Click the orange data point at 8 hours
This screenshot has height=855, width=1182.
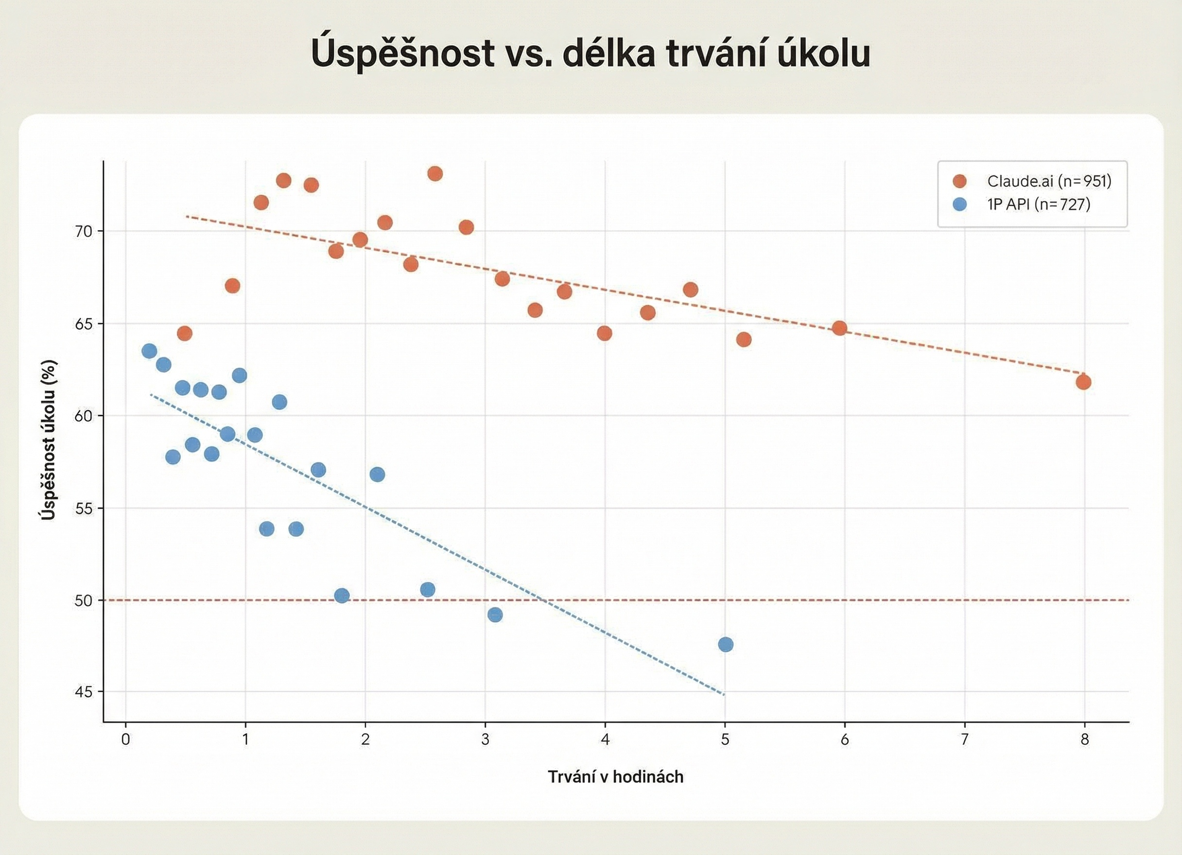[x=1083, y=382]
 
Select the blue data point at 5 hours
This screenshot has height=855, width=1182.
[x=726, y=645]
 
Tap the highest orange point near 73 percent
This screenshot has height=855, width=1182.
[x=435, y=173]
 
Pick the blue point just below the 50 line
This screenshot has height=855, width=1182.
[x=495, y=615]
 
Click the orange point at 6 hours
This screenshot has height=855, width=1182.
[x=839, y=328]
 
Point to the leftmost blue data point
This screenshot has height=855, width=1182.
[x=149, y=351]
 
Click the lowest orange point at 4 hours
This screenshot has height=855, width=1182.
[x=605, y=333]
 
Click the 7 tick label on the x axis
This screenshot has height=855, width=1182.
[x=965, y=739]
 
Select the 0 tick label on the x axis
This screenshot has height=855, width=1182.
[x=125, y=739]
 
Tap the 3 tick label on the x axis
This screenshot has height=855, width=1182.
[x=485, y=739]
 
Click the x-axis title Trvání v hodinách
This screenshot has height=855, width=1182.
[x=615, y=777]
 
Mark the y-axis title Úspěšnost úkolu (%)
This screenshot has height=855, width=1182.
[x=49, y=440]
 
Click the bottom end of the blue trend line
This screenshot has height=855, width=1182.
[x=723, y=694]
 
